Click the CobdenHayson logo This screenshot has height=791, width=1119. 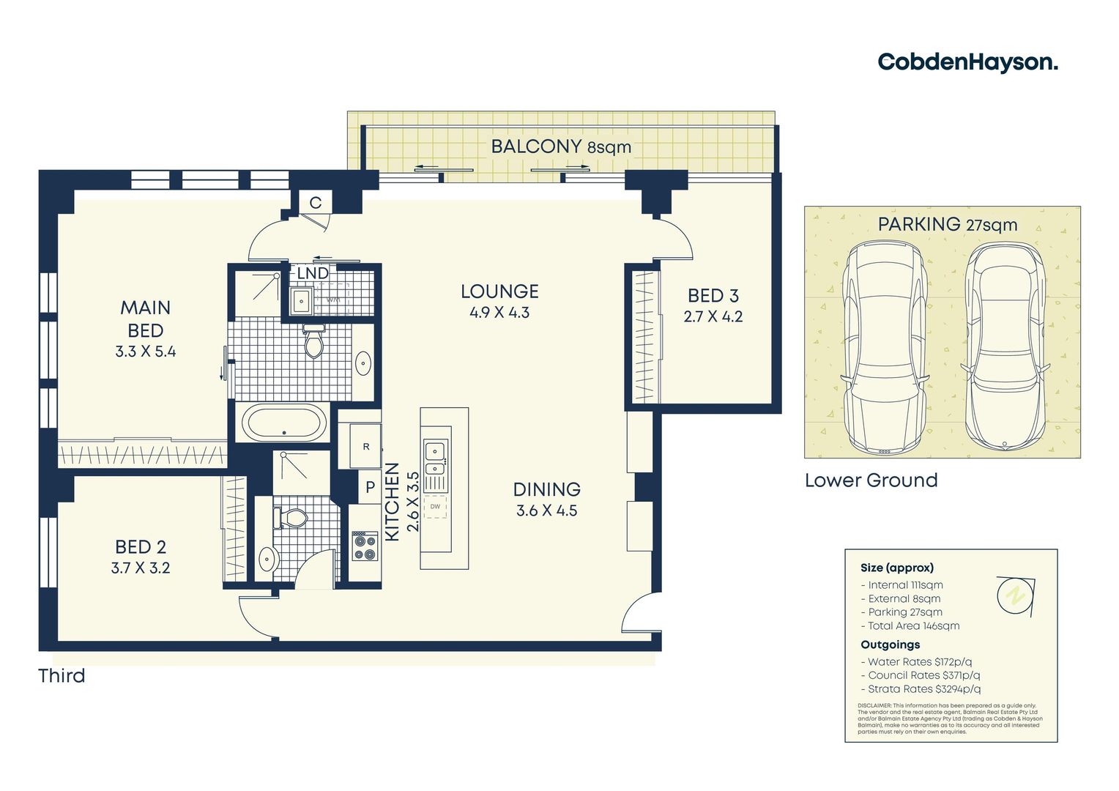click(967, 62)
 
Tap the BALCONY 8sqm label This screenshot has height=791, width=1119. click(560, 146)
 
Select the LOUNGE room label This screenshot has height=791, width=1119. click(499, 291)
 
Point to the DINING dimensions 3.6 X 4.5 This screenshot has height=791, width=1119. click(546, 511)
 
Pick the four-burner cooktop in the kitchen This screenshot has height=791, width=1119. click(364, 545)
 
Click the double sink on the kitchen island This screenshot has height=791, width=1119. click(435, 458)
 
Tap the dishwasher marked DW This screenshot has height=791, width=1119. click(435, 507)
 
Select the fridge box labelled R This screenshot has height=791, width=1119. click(366, 446)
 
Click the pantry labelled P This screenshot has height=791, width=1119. click(370, 487)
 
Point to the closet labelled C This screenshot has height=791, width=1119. click(316, 203)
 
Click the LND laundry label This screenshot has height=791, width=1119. click(313, 273)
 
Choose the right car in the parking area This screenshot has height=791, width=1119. click(1005, 346)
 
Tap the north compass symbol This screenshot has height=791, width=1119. click(1015, 594)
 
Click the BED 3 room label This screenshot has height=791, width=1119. click(713, 296)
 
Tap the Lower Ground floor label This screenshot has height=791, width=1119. click(871, 480)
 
